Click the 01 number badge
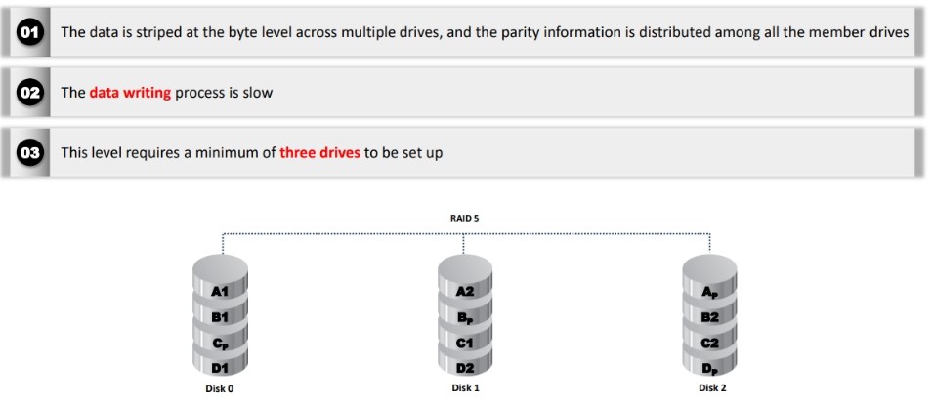tap(29, 33)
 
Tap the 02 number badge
tap(29, 93)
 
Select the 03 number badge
tap(29, 153)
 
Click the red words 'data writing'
tap(130, 93)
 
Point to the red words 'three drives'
tap(320, 153)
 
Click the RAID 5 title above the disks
tap(465, 218)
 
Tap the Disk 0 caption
tap(220, 389)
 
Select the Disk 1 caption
tap(465, 388)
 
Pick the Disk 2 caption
tap(712, 388)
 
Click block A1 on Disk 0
tap(220, 292)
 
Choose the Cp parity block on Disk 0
tap(220, 344)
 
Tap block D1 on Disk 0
tap(220, 369)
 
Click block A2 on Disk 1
tap(465, 292)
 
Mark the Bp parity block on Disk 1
tap(465, 318)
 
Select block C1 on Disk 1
tap(465, 344)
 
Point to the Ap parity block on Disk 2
tap(710, 292)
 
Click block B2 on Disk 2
tap(710, 317)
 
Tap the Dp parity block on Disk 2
tap(710, 369)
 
